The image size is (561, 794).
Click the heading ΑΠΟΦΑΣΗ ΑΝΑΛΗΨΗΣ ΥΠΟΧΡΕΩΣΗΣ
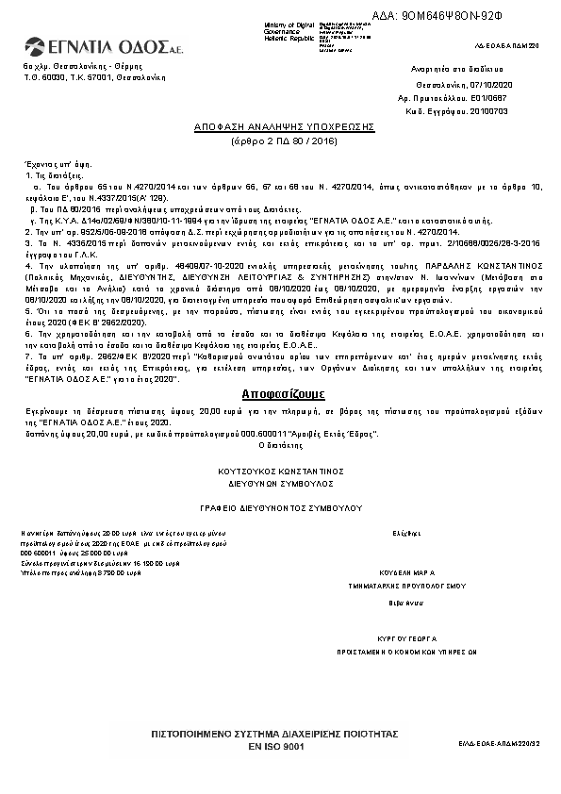click(x=284, y=126)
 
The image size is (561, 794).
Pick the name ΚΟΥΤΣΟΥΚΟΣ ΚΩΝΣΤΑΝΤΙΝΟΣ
click(x=283, y=470)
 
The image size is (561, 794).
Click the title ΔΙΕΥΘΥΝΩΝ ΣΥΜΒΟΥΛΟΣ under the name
click(x=283, y=481)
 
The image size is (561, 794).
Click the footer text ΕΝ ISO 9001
click(x=275, y=746)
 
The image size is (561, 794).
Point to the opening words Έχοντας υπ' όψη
click(x=47, y=164)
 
